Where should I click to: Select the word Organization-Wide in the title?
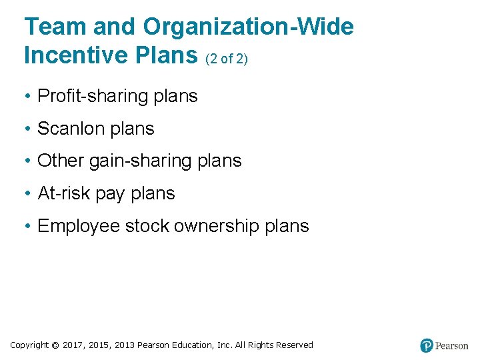click(247, 27)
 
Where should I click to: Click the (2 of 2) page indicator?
click(227, 59)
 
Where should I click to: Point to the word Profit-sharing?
click(93, 96)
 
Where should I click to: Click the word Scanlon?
click(65, 129)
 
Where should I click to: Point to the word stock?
click(147, 226)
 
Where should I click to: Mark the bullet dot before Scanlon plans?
click(29, 129)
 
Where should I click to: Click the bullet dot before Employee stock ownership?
click(29, 227)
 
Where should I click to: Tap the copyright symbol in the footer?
click(55, 345)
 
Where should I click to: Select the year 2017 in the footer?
click(73, 345)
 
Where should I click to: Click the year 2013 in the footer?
click(124, 345)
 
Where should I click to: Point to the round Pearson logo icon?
click(427, 345)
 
